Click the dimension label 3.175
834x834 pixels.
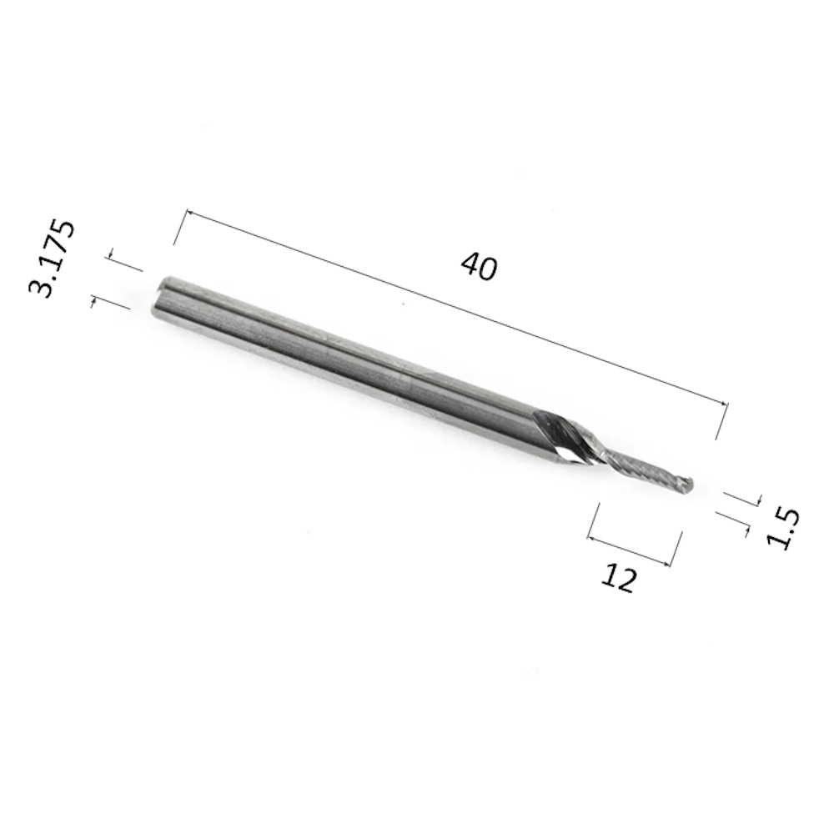[52, 259]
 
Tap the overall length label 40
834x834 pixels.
[479, 267]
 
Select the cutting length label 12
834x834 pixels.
[618, 579]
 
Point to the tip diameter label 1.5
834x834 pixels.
[782, 529]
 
